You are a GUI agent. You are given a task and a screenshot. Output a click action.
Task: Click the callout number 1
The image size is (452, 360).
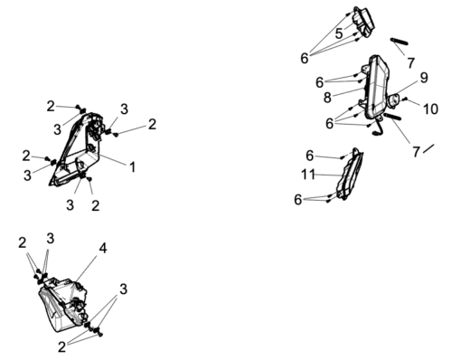pos(132,166)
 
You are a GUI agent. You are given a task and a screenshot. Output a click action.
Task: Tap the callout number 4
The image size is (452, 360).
pos(102,247)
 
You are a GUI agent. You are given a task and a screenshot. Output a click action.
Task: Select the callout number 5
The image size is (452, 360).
pos(338,33)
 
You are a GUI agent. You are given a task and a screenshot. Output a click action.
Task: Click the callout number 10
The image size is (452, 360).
pos(429,109)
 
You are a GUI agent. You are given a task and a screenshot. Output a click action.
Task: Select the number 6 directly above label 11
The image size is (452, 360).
pos(309,155)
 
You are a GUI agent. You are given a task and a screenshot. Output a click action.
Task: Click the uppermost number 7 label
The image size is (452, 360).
pos(410,62)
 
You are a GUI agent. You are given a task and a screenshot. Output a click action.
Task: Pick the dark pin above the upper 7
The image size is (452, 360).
pos(401,41)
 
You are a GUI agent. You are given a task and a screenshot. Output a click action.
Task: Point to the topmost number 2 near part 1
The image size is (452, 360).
pos(51,106)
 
